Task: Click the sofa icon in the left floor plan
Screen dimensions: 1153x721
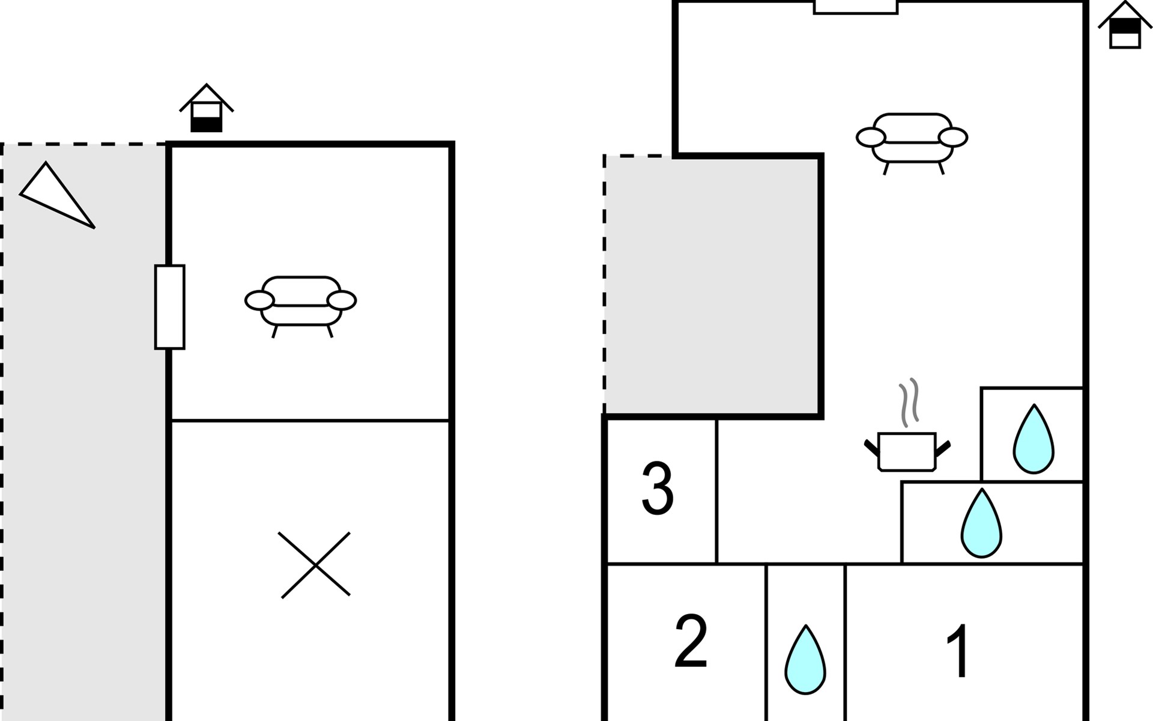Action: click(x=301, y=306)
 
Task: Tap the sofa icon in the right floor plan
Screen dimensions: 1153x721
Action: click(x=912, y=143)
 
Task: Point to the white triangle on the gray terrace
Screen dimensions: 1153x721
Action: click(x=57, y=195)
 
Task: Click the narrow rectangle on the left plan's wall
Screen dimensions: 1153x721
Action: click(x=170, y=307)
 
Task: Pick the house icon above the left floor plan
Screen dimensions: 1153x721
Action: click(x=207, y=108)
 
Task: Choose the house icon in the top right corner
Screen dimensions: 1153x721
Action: click(x=1125, y=25)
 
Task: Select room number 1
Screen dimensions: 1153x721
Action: click(x=958, y=650)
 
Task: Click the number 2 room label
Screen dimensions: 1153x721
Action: click(x=691, y=641)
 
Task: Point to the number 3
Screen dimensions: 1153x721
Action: click(x=658, y=488)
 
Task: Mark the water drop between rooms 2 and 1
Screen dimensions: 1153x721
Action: click(x=805, y=660)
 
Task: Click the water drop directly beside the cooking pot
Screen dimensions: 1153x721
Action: click(x=1033, y=439)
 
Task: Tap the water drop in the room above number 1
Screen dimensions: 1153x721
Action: click(x=981, y=523)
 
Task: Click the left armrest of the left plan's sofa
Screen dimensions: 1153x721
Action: click(x=259, y=300)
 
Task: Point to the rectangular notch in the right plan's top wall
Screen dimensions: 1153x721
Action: click(x=856, y=7)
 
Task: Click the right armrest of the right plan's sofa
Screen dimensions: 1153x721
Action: click(x=953, y=138)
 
